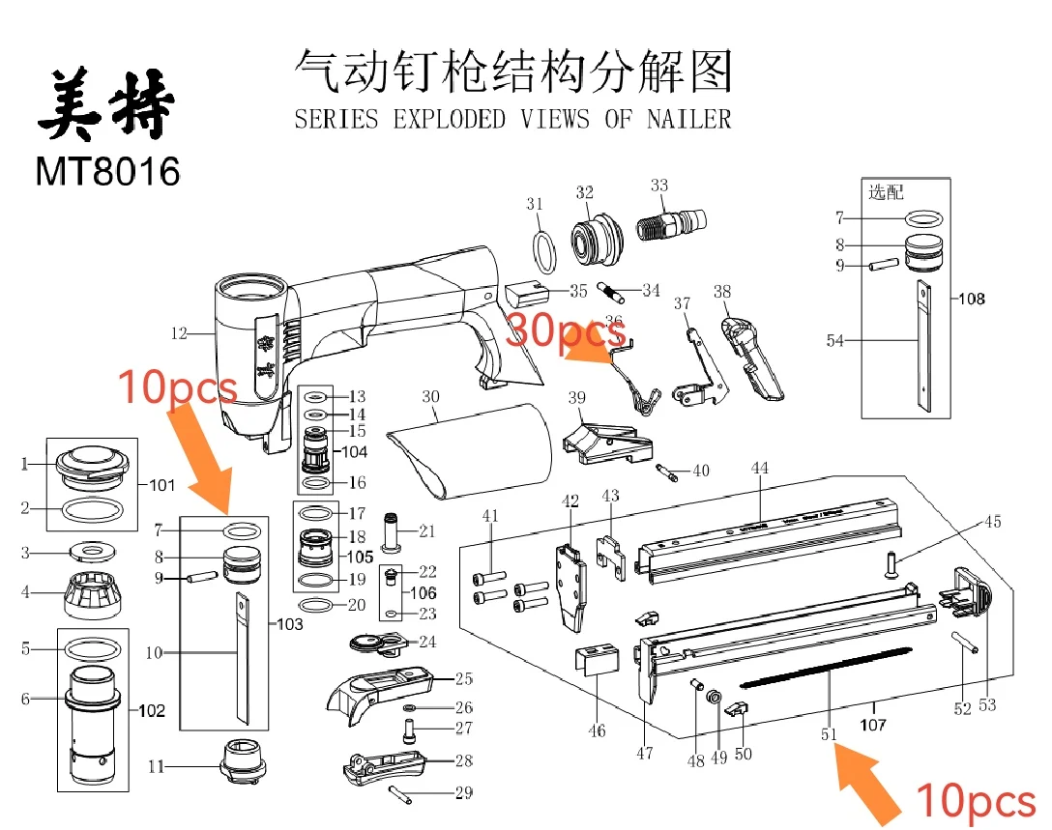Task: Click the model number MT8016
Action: click(108, 171)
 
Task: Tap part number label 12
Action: click(178, 334)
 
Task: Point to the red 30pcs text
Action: click(565, 331)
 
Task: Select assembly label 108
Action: click(972, 299)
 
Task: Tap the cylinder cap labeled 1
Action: click(93, 468)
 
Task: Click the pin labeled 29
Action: click(405, 792)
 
